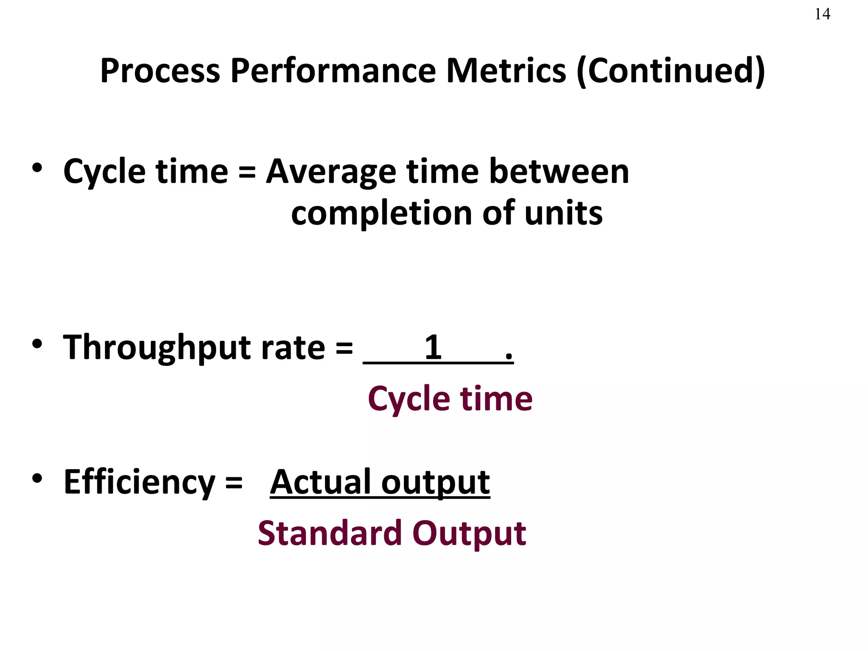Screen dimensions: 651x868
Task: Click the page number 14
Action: pos(822,14)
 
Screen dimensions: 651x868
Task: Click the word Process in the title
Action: pos(160,70)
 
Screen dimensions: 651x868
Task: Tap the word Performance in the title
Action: pos(333,70)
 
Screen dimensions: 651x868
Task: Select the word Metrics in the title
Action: pos(506,70)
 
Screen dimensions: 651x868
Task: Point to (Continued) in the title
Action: pos(671,71)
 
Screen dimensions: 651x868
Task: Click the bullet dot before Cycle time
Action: pos(37,168)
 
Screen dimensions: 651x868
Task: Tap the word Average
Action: pos(331,172)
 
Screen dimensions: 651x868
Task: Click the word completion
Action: pos(381,214)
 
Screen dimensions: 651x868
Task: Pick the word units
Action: pos(563,213)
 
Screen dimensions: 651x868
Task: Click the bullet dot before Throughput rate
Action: pos(37,343)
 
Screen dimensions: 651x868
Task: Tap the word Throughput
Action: pos(157,348)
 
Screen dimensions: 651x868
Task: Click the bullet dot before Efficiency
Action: pos(37,478)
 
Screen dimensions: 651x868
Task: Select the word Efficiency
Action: pos(139,482)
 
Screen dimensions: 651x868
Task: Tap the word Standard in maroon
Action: pos(330,533)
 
